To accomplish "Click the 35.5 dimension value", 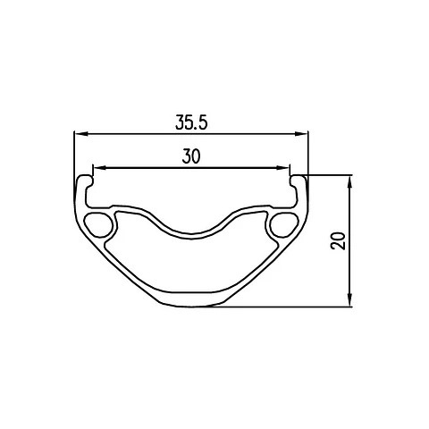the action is (191, 122).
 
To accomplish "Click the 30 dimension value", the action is (191, 156).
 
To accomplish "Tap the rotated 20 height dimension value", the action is (338, 240).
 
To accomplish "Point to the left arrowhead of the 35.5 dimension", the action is (81, 134).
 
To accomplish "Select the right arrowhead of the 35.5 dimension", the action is (301, 134).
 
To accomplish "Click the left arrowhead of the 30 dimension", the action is (100, 168).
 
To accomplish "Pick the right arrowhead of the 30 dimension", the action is (283, 168).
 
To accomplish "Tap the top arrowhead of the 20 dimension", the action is (350, 182).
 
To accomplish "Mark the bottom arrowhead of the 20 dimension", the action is (350, 299).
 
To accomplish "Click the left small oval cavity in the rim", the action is (98, 225).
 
